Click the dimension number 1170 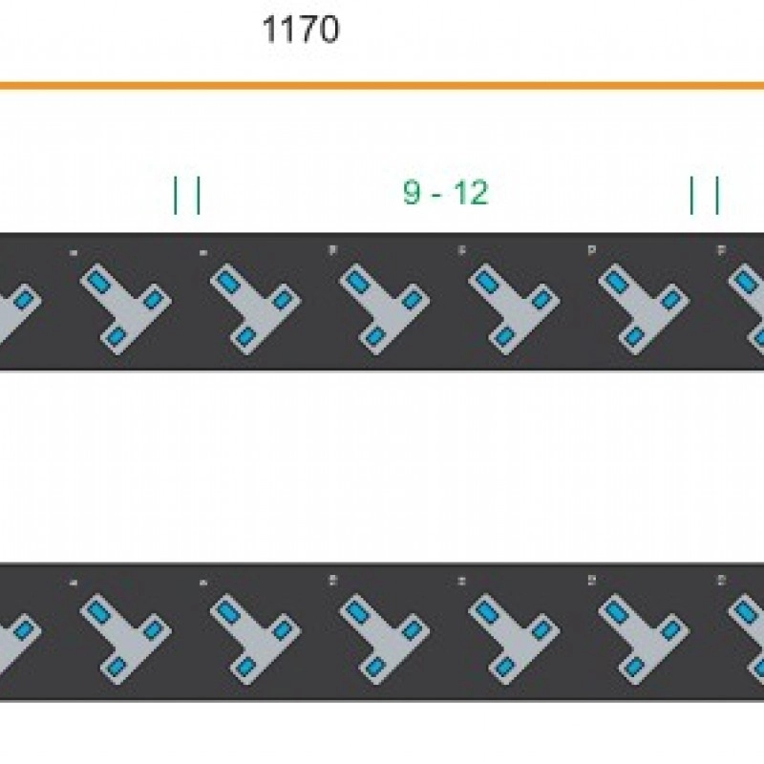coord(301,31)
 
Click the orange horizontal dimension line coord(382,86)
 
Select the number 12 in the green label coord(471,193)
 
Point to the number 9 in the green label coord(412,193)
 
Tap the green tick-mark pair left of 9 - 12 coord(187,195)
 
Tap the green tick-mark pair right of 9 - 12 coord(705,195)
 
